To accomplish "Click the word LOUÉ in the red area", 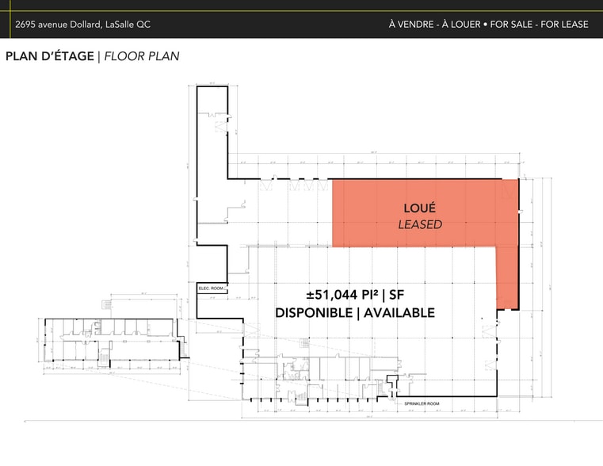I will [x=420, y=208].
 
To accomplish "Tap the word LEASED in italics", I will [x=420, y=224].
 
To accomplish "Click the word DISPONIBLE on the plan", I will [x=314, y=312].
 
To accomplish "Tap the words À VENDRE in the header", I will [x=409, y=25].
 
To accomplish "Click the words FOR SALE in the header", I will [x=509, y=25].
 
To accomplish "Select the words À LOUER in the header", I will [x=459, y=25].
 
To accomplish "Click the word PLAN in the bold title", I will [x=21, y=57].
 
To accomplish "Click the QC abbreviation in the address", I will [x=143, y=25].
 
